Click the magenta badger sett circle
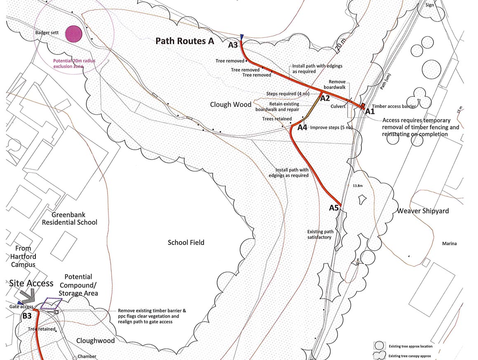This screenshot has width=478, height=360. pos(74,34)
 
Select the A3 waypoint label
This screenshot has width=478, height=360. pos(233,45)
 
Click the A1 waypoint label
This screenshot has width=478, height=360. pos(370,111)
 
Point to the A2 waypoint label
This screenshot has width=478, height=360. pos(325,98)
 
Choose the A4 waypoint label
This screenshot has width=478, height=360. pos(302,127)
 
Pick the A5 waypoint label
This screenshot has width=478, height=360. pos(334,208)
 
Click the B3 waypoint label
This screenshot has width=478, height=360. pos(27,316)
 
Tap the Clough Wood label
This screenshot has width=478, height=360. pos(230,104)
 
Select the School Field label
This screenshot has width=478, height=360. pos(186,242)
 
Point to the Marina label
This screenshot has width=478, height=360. pos(450,244)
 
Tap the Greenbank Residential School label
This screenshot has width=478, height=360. pos(74,219)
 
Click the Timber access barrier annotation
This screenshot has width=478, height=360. pos(394,106)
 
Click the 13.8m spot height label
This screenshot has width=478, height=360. pos(357,186)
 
